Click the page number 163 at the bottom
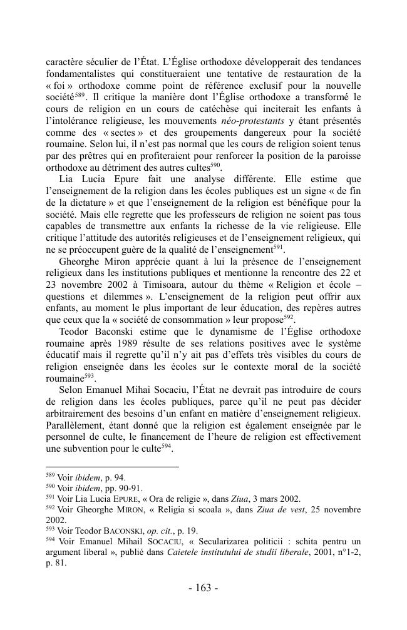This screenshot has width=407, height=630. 203,589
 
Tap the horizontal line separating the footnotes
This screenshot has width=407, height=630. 113,467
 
